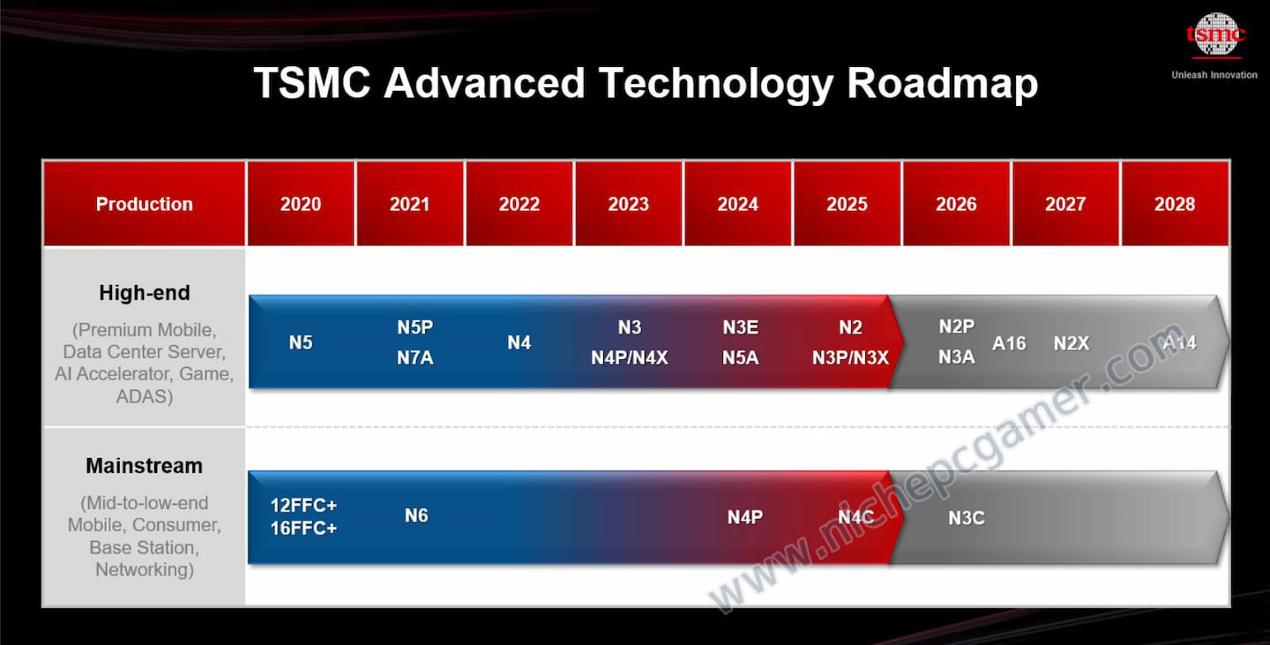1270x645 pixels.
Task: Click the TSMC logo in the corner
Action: click(x=1215, y=35)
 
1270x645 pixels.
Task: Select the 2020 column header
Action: click(x=301, y=204)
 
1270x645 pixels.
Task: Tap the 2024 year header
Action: click(x=737, y=204)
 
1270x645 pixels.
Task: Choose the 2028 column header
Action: click(x=1175, y=204)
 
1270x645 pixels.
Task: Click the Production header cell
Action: click(x=144, y=204)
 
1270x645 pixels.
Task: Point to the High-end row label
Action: click(x=145, y=293)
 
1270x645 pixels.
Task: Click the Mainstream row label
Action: click(x=144, y=466)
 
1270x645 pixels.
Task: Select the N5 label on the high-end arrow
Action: click(x=301, y=342)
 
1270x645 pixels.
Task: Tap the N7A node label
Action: click(x=415, y=358)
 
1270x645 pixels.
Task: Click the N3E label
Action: click(x=741, y=327)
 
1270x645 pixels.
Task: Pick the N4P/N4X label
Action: click(x=630, y=358)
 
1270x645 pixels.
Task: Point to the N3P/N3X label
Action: click(x=850, y=358)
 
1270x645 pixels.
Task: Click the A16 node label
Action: click(x=1009, y=343)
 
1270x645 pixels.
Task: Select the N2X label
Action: click(x=1072, y=343)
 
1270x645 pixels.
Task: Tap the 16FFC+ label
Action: click(x=304, y=529)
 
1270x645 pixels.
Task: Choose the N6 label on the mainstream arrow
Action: click(x=416, y=515)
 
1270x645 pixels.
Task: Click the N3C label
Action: click(x=967, y=518)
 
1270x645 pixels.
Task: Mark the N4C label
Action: click(x=856, y=517)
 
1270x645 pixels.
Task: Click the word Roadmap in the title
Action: click(x=942, y=83)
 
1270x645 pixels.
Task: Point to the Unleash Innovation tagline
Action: click(x=1214, y=75)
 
